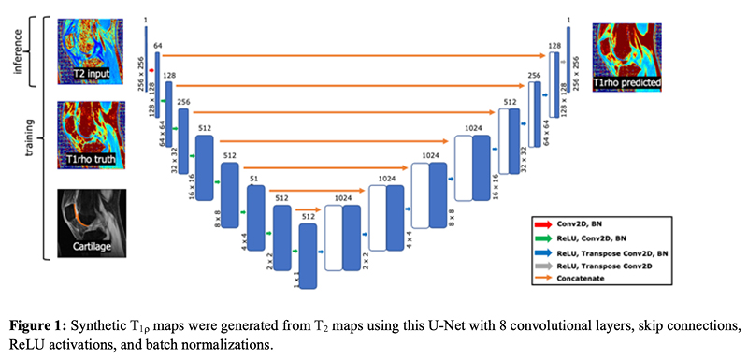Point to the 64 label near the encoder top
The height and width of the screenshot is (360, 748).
[158, 45]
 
